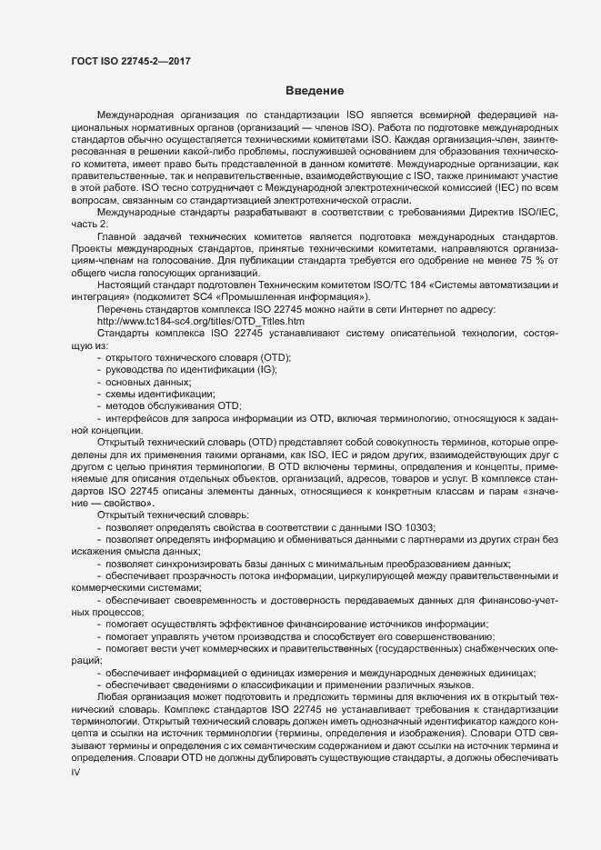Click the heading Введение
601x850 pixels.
[314, 91]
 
